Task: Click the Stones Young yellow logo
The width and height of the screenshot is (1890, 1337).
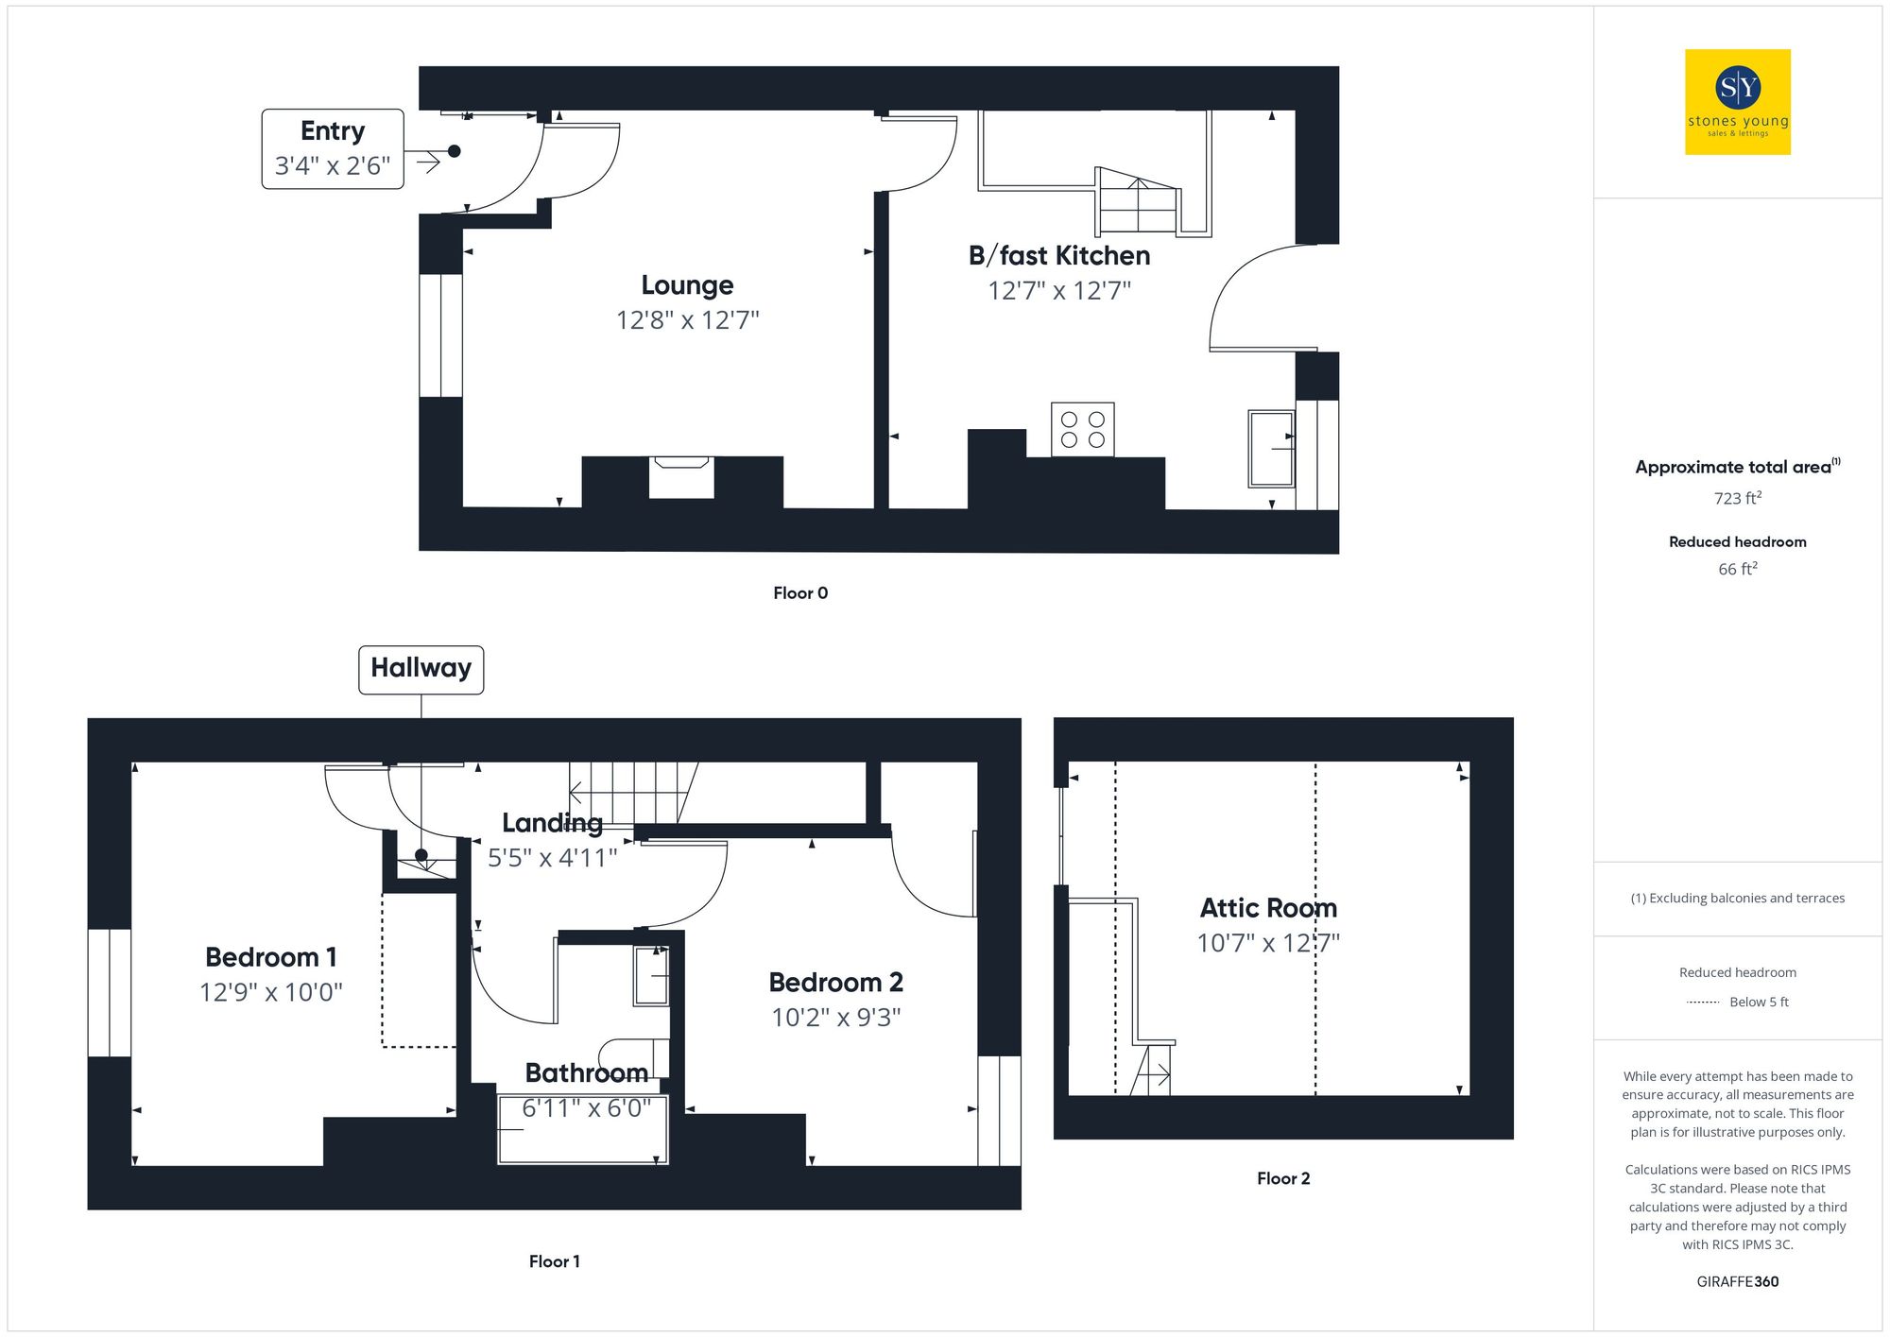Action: [1737, 102]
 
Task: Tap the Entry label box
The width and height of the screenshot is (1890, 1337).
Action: [333, 149]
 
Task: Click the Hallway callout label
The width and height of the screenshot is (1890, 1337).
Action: [421, 669]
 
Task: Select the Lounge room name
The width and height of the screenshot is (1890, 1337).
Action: [687, 285]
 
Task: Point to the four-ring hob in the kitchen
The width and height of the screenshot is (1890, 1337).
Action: [1082, 430]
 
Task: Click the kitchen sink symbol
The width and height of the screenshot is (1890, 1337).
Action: [1270, 449]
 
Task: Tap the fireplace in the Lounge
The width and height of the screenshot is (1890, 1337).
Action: [681, 476]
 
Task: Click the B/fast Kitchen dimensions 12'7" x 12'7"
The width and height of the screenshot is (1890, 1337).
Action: [1058, 291]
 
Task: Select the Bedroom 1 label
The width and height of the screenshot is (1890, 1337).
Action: [270, 957]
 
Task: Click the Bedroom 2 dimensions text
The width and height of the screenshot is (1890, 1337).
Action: [835, 1018]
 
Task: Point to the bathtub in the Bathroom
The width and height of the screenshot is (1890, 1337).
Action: [583, 1130]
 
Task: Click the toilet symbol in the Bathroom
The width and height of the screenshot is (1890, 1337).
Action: [633, 1056]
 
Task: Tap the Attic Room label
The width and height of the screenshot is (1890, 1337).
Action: [1268, 908]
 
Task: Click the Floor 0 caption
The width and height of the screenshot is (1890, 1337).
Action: [799, 593]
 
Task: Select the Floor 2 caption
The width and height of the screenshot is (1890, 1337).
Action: [1282, 1178]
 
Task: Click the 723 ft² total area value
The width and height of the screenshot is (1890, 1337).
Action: [1737, 498]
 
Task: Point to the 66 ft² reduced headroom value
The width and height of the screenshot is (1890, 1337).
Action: [1737, 569]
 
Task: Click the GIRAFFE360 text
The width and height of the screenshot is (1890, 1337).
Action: [1737, 1282]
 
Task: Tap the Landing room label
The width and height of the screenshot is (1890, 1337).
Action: [552, 823]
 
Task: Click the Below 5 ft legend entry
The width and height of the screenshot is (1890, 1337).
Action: [1758, 1003]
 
